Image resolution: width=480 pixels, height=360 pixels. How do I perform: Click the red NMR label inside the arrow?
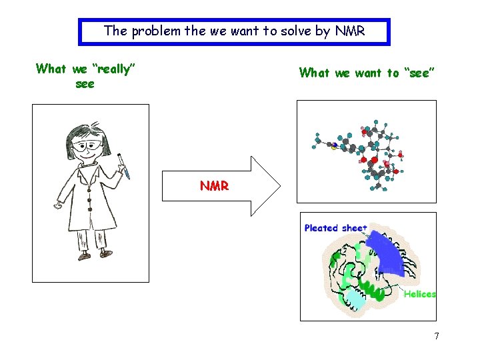pos(214,186)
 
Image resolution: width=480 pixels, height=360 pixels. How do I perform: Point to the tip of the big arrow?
pos(279,186)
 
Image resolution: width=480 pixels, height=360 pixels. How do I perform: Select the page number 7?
pos(437,336)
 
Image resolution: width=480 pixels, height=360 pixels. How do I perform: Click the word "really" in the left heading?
pos(113,69)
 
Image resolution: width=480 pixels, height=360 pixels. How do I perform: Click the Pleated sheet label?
pos(335,228)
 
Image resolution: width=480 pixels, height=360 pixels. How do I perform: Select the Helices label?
pos(419,294)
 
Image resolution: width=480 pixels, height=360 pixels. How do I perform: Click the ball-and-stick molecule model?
pos(363,150)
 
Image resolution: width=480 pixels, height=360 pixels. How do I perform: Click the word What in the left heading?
pos(51,69)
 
